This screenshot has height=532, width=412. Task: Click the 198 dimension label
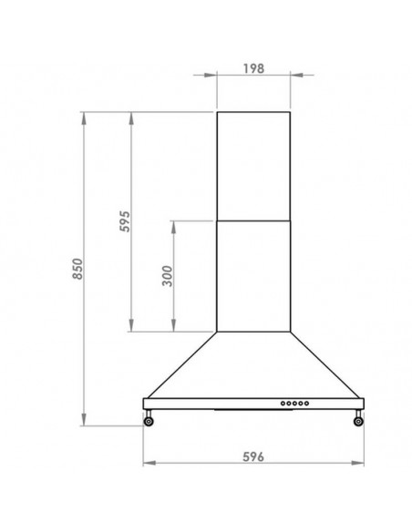253,68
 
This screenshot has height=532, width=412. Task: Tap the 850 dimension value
77,269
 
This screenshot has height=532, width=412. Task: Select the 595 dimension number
125,221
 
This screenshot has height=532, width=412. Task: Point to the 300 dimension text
168,276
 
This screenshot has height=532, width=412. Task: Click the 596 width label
253,456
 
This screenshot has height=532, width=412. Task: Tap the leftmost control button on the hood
283,403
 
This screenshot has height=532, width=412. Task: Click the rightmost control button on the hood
306,403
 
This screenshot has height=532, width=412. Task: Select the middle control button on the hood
294,403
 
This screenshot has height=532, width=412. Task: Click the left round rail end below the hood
149,421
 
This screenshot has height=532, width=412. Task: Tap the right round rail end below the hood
358,421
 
